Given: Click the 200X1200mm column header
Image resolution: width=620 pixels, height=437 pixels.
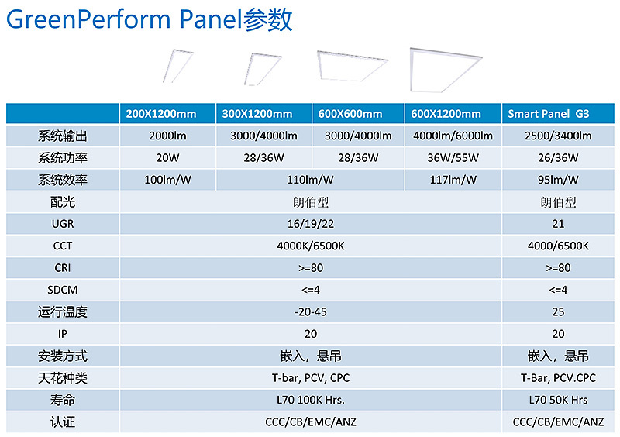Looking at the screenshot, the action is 161,114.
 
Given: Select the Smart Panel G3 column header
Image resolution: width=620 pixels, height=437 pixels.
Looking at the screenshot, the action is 549,114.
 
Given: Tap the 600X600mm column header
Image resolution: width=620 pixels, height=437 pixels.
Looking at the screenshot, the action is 350,114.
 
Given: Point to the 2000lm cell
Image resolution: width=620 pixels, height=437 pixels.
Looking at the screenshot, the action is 167,136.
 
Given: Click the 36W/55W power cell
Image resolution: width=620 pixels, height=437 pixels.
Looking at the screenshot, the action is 453,158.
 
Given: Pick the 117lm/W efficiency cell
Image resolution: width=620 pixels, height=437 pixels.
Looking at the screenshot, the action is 453,180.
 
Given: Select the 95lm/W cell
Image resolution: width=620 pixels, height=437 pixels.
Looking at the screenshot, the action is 558,180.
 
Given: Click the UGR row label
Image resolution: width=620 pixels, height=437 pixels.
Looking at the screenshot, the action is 63,224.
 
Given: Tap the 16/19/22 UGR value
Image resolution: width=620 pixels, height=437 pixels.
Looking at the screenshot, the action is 311,224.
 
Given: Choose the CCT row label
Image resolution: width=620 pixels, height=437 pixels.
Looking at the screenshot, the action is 63,246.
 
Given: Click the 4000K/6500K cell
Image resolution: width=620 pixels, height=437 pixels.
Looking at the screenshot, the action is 311,246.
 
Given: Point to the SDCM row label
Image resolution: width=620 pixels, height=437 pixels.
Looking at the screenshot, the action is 63,290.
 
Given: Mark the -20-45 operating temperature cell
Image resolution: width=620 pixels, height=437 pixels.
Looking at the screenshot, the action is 311,312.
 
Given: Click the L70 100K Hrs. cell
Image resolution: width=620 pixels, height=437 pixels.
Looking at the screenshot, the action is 311,401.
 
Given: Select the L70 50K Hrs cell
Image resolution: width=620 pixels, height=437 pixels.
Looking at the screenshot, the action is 558,401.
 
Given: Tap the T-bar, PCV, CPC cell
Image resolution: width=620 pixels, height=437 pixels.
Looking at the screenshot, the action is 311,378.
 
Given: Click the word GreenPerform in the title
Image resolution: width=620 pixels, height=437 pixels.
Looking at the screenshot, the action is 88,20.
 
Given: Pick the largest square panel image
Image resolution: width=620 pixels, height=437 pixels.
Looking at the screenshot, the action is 446,70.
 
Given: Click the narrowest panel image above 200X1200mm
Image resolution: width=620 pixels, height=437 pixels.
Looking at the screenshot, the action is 178,66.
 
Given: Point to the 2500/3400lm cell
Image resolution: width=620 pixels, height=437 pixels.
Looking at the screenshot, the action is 558,136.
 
